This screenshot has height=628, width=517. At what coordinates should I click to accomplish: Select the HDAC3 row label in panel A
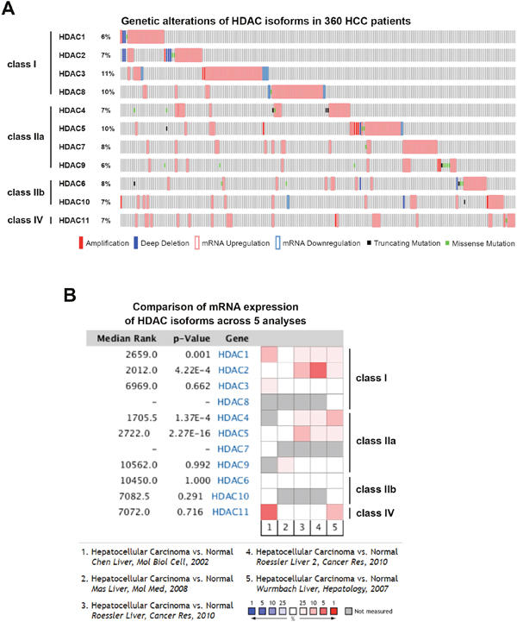(72, 74)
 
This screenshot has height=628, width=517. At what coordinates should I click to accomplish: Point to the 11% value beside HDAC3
(107, 74)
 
